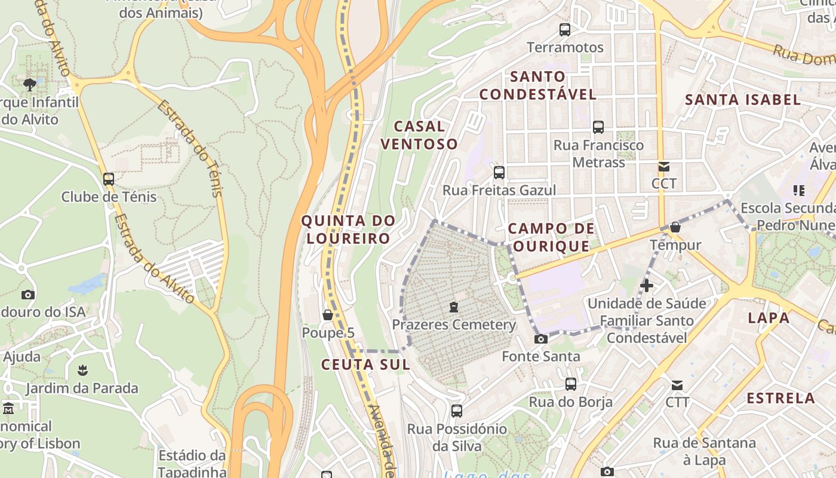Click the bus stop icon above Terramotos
click(x=564, y=29)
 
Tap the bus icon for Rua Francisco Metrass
click(x=598, y=127)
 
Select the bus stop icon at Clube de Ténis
click(x=109, y=179)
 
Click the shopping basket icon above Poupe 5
click(x=327, y=314)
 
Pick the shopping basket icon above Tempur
click(x=675, y=227)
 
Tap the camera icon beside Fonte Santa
click(x=540, y=339)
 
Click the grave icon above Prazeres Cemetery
click(x=454, y=307)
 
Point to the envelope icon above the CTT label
click(x=677, y=385)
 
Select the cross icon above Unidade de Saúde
click(x=646, y=286)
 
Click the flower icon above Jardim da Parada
click(x=82, y=370)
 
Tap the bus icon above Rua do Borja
click(x=571, y=384)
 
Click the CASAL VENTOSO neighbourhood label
click(x=419, y=135)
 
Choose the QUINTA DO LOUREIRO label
click(x=348, y=229)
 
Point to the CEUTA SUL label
click(x=365, y=364)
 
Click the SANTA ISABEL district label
click(x=743, y=100)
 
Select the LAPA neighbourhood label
click(x=769, y=318)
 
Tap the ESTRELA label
click(x=780, y=398)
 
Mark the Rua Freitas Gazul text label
click(x=499, y=190)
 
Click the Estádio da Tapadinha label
click(x=192, y=464)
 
